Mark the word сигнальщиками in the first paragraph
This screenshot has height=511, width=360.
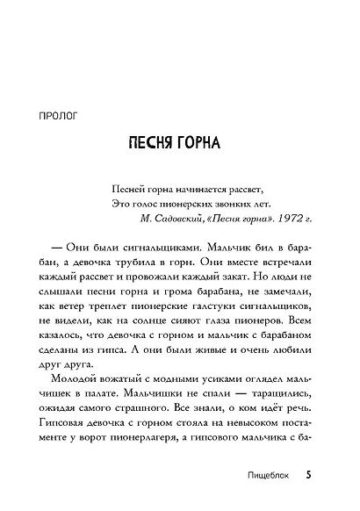coord(167,248)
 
